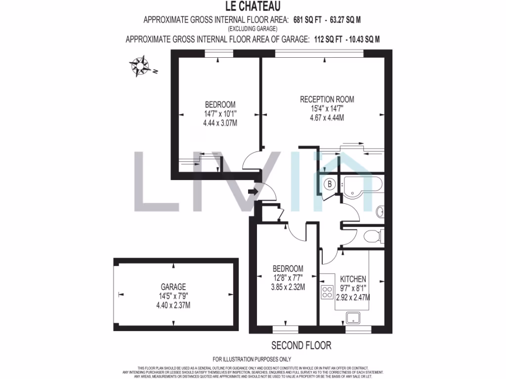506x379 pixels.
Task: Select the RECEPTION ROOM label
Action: click(327, 99)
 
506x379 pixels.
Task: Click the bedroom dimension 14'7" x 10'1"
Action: click(220, 114)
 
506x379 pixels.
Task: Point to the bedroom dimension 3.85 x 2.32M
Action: click(288, 287)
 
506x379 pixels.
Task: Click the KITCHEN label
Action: click(353, 279)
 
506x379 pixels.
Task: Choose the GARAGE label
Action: click(173, 287)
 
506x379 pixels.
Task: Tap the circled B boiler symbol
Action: click(330, 185)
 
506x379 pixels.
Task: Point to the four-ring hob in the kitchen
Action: click(327, 292)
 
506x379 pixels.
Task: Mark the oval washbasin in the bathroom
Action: click(379, 212)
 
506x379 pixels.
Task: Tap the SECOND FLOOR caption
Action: click(301, 345)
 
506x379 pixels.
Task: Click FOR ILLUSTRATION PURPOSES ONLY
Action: click(252, 359)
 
